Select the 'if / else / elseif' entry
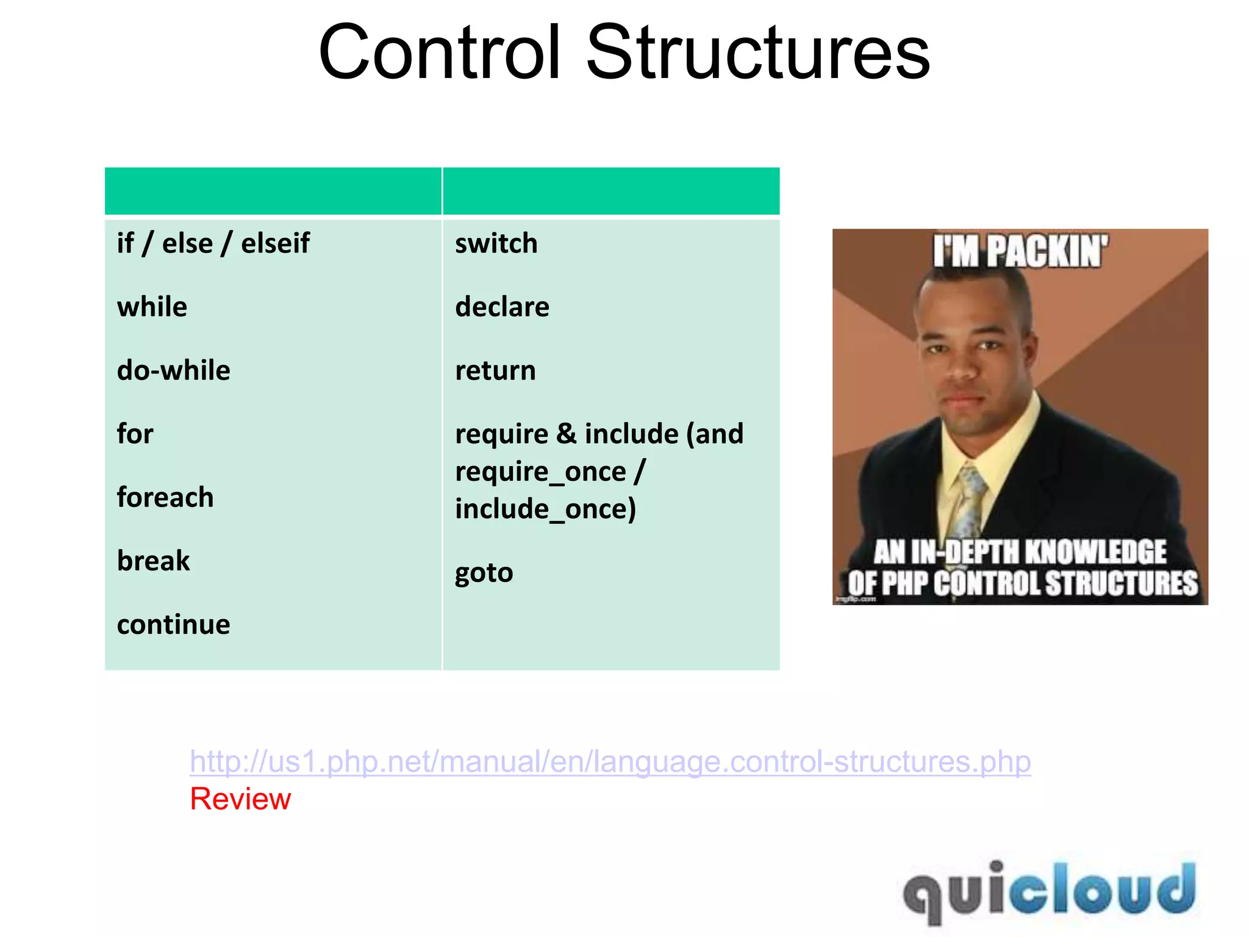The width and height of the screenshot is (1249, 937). click(x=213, y=243)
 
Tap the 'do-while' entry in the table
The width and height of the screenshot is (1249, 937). click(x=174, y=370)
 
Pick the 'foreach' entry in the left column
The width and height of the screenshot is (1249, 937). click(x=165, y=497)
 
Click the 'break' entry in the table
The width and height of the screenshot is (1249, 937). click(x=153, y=561)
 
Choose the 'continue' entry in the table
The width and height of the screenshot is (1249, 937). click(x=174, y=625)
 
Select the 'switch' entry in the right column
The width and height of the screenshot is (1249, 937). click(x=496, y=243)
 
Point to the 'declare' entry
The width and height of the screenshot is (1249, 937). click(x=502, y=307)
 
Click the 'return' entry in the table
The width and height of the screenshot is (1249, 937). click(x=495, y=370)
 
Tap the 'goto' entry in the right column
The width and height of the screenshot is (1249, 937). click(x=484, y=573)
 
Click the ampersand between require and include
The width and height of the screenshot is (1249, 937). click(x=566, y=434)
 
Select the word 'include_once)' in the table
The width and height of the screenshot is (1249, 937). click(x=545, y=509)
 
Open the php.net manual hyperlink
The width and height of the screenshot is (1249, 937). click(x=610, y=761)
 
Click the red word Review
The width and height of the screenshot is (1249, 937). click(x=240, y=799)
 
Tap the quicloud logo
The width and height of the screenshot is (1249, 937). click(x=1049, y=891)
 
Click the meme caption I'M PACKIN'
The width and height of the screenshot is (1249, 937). click(x=1020, y=251)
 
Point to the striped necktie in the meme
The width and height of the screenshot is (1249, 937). click(x=970, y=500)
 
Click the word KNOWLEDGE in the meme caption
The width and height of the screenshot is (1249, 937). click(x=1096, y=551)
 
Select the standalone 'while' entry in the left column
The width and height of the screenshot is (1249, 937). click(x=152, y=307)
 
